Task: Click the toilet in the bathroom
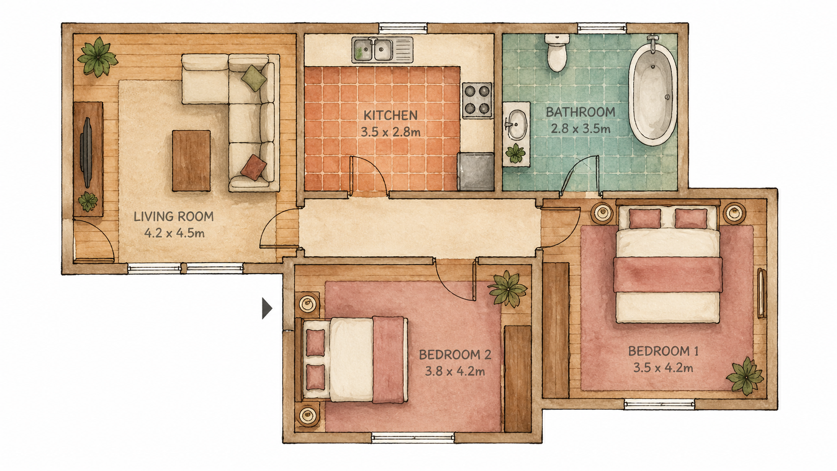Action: click(x=557, y=53)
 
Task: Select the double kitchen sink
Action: click(x=382, y=50)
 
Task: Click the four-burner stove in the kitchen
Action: click(x=477, y=100)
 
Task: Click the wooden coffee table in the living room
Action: click(x=191, y=161)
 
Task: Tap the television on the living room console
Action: click(x=87, y=152)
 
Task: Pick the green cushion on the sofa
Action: click(x=254, y=78)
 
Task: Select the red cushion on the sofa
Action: click(x=253, y=168)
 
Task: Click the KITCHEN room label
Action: click(x=390, y=116)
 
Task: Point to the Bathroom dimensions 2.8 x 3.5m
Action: click(x=580, y=129)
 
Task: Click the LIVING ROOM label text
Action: click(x=174, y=216)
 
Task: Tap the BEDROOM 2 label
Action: click(x=455, y=354)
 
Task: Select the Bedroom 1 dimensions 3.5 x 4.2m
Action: click(x=663, y=368)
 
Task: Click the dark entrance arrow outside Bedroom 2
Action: click(x=267, y=308)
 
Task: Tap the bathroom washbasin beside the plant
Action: click(x=517, y=124)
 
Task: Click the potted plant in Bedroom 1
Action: click(x=745, y=376)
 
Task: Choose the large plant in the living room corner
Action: click(x=98, y=57)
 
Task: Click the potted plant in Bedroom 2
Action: click(x=508, y=289)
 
